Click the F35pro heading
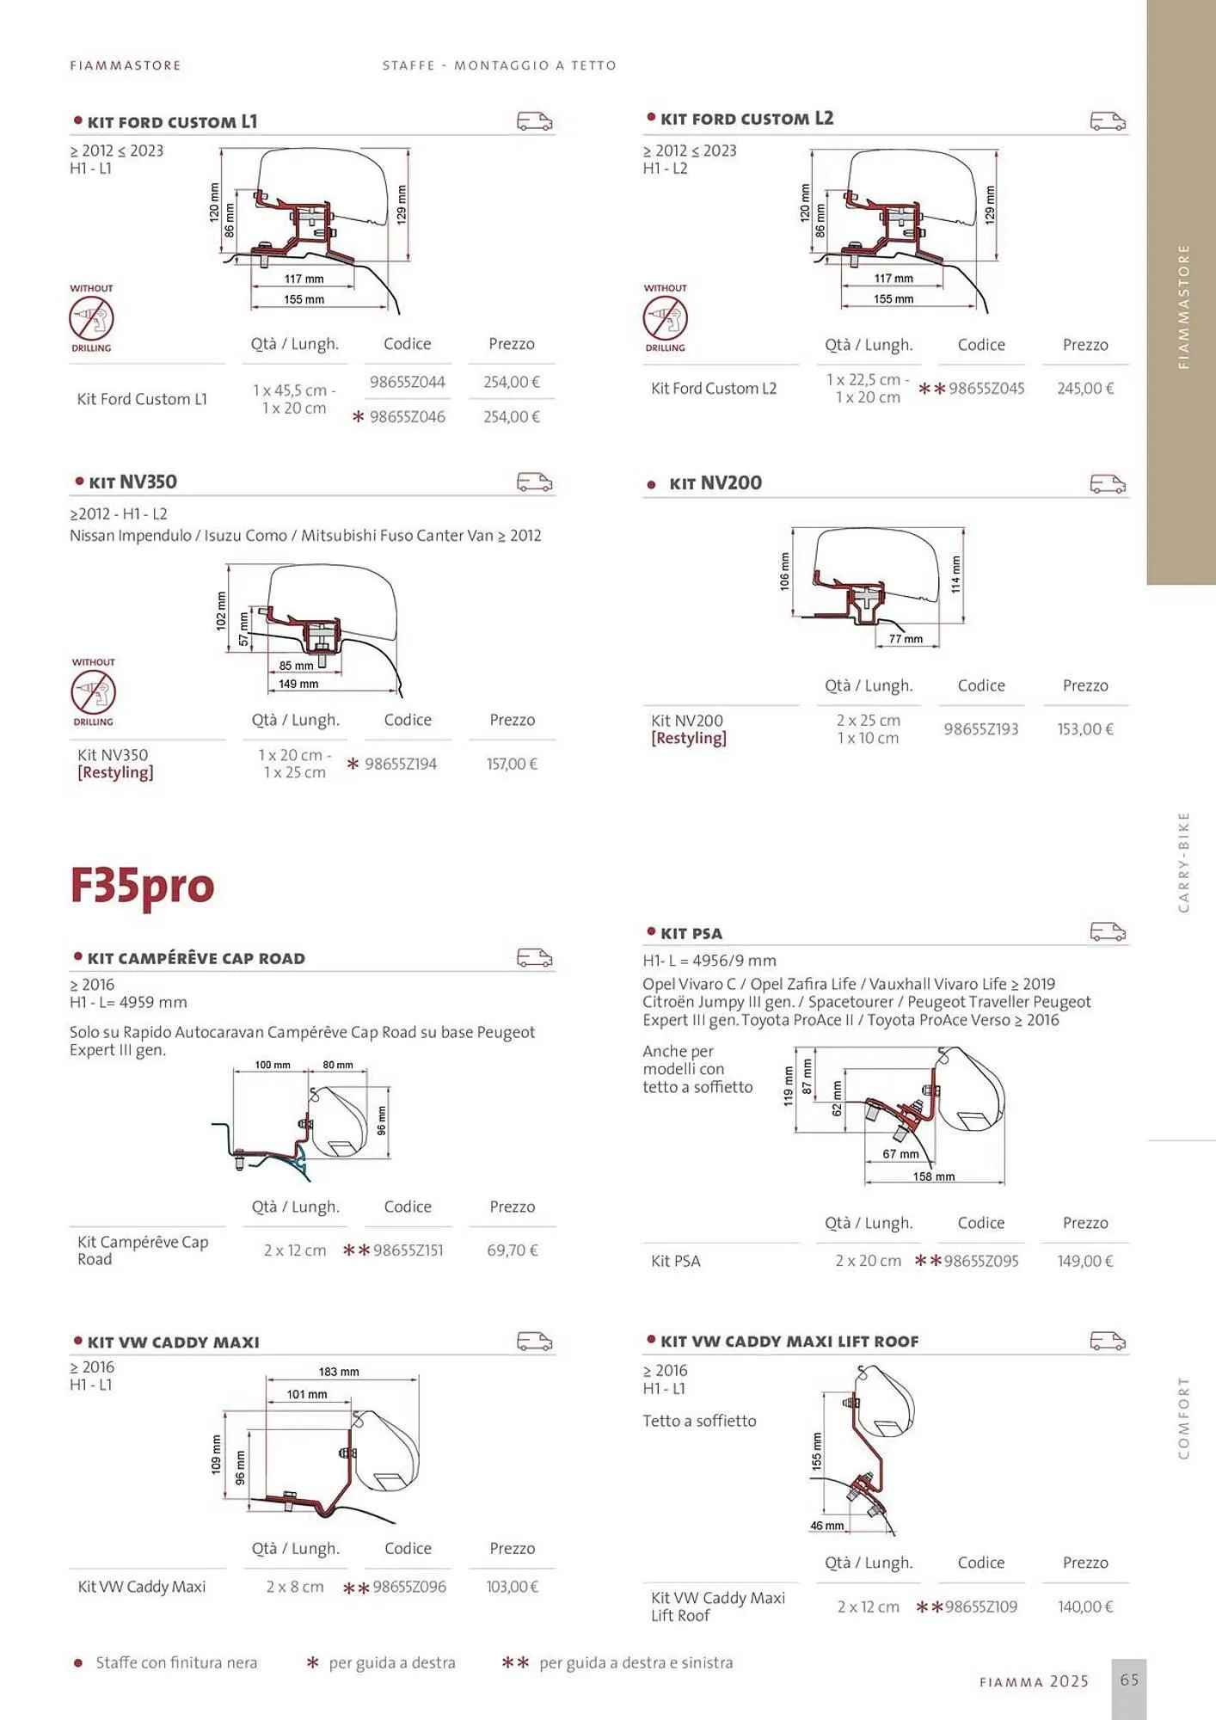(x=142, y=887)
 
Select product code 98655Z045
(x=986, y=389)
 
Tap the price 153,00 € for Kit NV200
(x=1085, y=729)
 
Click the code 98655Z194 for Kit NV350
(x=401, y=764)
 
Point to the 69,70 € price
(x=513, y=1250)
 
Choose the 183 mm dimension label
(x=339, y=1372)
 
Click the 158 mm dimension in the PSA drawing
(x=934, y=1176)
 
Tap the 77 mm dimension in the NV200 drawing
(x=906, y=639)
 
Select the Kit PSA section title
(x=691, y=934)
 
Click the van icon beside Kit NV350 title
(x=534, y=482)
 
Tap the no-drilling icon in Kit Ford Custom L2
(x=666, y=318)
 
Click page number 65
(x=1129, y=1680)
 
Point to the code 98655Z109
(x=980, y=1606)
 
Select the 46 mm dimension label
(x=826, y=1526)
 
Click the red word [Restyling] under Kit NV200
(x=689, y=739)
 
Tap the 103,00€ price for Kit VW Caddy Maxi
(x=513, y=1587)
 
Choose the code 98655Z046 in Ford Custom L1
(x=408, y=417)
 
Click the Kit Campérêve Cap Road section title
(x=196, y=959)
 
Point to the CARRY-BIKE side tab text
(x=1183, y=862)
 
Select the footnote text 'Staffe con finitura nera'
(x=176, y=1662)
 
